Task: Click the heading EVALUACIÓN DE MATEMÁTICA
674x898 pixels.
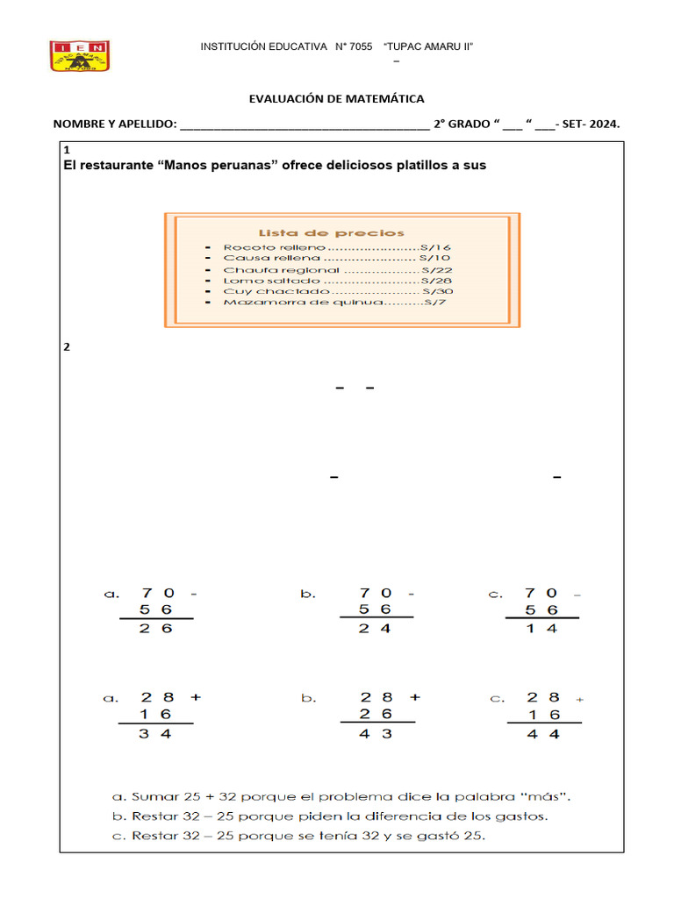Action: [337, 99]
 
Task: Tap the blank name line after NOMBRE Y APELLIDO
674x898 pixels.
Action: [304, 125]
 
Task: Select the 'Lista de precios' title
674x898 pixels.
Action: [331, 232]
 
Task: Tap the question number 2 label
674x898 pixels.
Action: [66, 346]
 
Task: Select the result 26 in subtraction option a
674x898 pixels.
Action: [156, 629]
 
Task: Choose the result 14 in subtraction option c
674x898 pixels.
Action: [541, 629]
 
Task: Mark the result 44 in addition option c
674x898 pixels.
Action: [541, 734]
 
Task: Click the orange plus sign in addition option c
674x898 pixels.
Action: [578, 699]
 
